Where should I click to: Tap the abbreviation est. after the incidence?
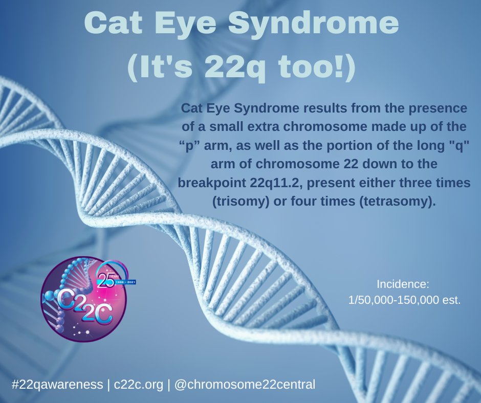click(x=451, y=300)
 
